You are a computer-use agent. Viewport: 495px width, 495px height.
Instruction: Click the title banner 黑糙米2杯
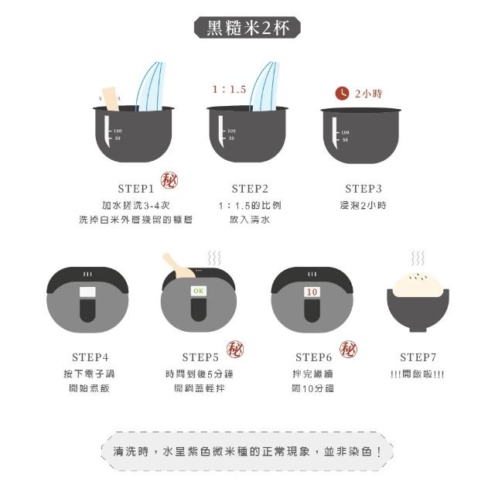click(247, 28)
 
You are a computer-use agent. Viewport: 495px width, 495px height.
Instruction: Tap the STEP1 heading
click(136, 189)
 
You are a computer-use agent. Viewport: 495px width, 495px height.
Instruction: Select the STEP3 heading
click(364, 189)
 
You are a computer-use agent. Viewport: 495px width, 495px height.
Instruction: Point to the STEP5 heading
click(200, 357)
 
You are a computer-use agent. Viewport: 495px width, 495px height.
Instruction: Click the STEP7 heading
click(418, 357)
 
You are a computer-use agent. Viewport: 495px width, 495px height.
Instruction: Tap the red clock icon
click(342, 94)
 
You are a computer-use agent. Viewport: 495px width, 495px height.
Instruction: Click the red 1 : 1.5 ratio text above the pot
click(229, 90)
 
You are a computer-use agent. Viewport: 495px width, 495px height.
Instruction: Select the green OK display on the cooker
click(199, 291)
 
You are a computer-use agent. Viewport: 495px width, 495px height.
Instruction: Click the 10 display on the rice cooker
click(312, 292)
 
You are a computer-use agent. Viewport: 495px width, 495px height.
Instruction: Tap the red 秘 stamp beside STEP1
click(169, 180)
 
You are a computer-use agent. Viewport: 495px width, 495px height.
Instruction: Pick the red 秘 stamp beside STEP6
click(348, 349)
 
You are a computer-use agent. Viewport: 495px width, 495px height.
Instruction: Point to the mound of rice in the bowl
click(417, 285)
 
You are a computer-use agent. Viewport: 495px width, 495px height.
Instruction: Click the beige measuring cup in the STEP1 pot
click(110, 99)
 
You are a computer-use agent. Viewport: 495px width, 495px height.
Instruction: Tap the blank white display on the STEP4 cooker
click(87, 292)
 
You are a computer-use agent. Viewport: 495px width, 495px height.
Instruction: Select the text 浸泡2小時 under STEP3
click(363, 205)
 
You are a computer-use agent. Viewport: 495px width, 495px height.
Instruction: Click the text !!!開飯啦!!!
click(418, 374)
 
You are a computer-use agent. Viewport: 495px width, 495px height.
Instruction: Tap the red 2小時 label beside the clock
click(368, 94)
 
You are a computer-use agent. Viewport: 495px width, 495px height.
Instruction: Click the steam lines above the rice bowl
click(418, 258)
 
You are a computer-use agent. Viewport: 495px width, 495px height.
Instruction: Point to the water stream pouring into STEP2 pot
click(265, 87)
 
